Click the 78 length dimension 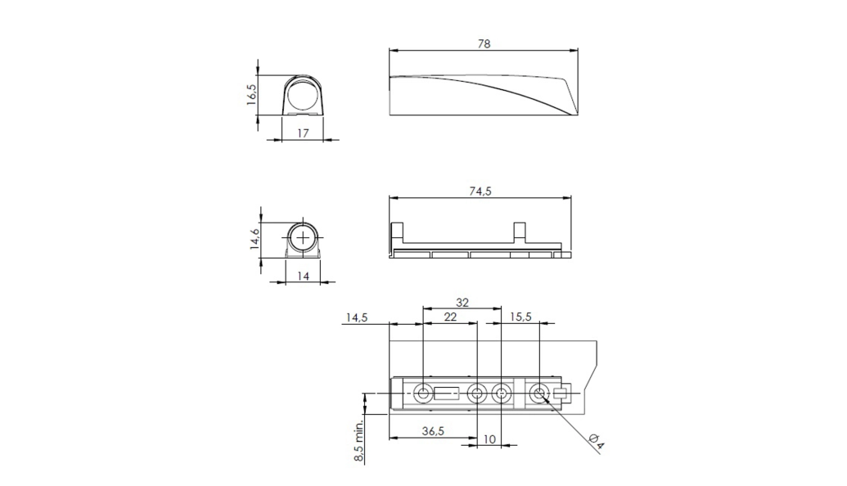pyautogui.click(x=484, y=43)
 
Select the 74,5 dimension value pyautogui.click(x=480, y=191)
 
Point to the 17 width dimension pyautogui.click(x=303, y=133)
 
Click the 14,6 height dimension pyautogui.click(x=255, y=239)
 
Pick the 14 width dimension pyautogui.click(x=303, y=276)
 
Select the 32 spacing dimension pyautogui.click(x=462, y=303)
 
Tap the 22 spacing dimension pyautogui.click(x=450, y=317)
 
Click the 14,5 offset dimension pyautogui.click(x=357, y=317)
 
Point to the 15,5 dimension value pyautogui.click(x=520, y=317)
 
